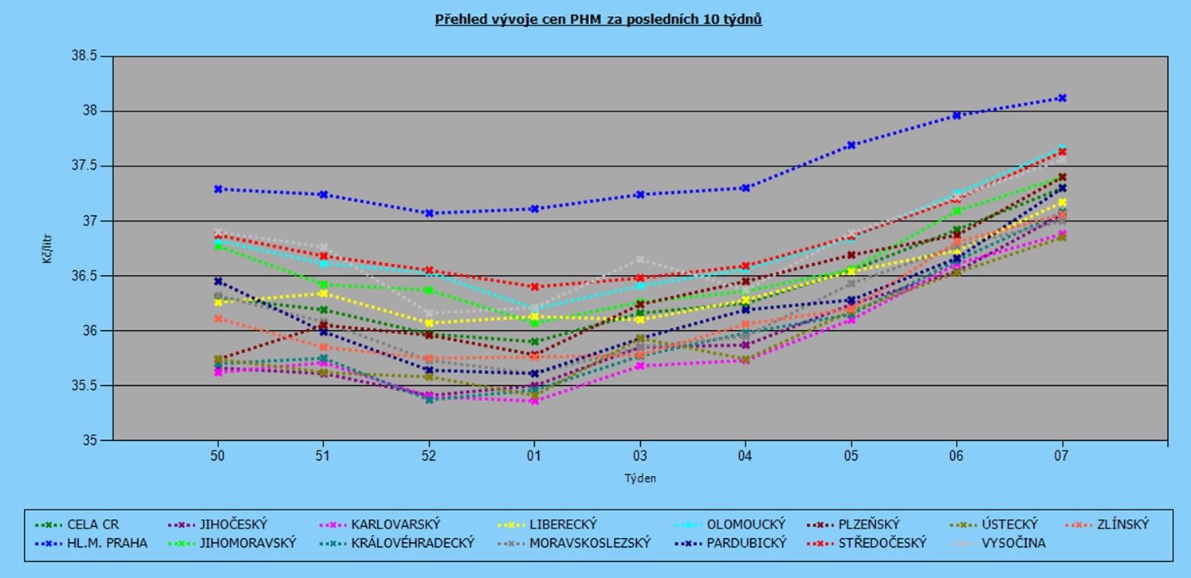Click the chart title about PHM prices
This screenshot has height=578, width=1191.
coord(598,19)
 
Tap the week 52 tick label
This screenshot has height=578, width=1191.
coord(428,456)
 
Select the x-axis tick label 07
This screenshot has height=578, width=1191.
coord(1062,456)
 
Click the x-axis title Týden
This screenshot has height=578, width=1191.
coord(640,478)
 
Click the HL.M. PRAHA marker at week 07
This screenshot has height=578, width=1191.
coord(1062,98)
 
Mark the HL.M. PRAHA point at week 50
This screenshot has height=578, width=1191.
coord(217,189)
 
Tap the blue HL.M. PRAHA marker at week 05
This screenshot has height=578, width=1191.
coord(851,145)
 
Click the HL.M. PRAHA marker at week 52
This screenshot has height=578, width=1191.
coord(428,214)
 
